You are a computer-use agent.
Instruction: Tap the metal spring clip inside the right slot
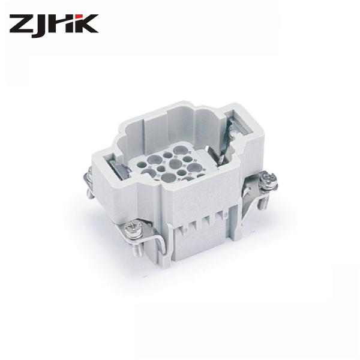[232, 129]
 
